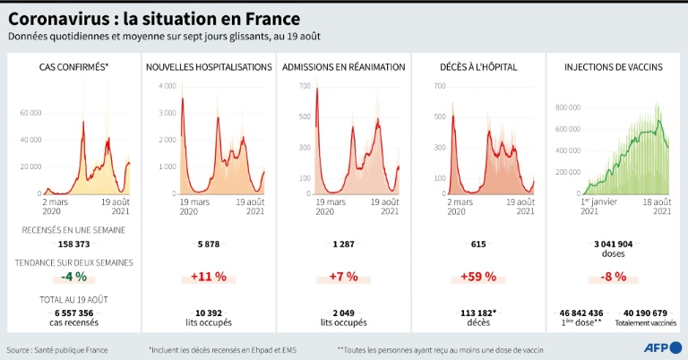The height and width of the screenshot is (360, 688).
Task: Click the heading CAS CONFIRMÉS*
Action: (73, 67)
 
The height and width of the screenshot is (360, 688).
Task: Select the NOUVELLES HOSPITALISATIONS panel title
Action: (209, 67)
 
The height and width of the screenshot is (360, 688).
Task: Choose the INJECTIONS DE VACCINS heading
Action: (613, 67)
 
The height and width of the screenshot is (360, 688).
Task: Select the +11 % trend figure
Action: (208, 276)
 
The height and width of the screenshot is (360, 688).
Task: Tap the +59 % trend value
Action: (477, 276)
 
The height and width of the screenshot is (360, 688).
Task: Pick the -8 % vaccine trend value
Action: (613, 276)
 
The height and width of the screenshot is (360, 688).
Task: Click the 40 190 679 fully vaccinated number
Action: (645, 313)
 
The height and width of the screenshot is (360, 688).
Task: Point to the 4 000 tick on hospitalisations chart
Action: (167, 86)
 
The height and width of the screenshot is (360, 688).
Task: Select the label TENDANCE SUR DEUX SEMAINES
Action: (73, 262)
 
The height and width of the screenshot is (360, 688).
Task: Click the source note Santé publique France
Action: (57, 349)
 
